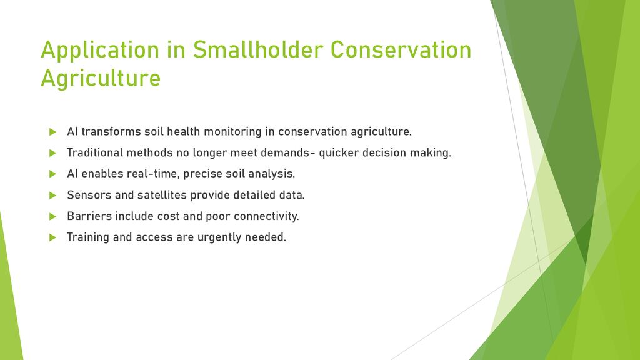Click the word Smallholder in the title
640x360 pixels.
(x=258, y=49)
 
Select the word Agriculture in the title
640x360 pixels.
(x=101, y=78)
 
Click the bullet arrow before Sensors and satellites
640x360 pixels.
(x=52, y=196)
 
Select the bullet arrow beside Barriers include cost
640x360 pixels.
(x=52, y=216)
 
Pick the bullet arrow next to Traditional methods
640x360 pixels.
(x=52, y=153)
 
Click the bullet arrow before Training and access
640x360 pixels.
(x=52, y=237)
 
